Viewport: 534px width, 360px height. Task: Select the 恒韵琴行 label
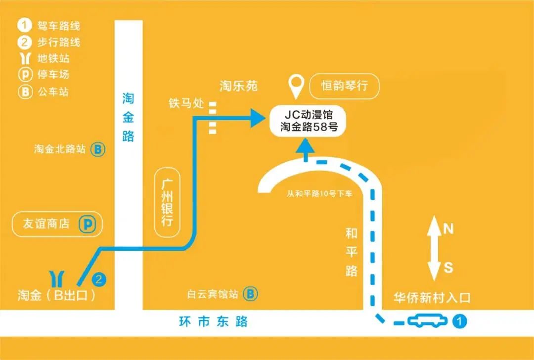pos(344,86)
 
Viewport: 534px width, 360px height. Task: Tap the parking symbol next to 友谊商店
pos(88,224)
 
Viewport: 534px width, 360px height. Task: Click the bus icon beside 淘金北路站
pos(98,149)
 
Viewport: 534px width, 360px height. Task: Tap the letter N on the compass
pos(448,228)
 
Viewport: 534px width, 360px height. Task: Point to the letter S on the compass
pos(448,268)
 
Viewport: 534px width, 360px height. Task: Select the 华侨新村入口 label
pos(432,298)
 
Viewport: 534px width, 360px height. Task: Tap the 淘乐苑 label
pos(239,87)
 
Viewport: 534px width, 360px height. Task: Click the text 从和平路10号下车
pos(319,194)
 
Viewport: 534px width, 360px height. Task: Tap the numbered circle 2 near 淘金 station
pos(99,279)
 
